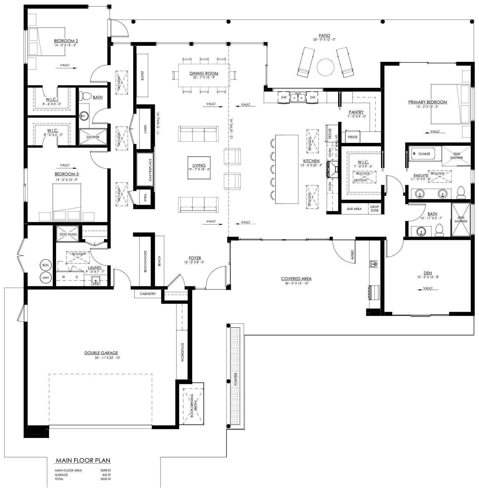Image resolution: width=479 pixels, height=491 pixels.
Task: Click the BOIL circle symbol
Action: (45, 265)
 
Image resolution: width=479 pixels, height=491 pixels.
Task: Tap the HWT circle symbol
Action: (45, 278)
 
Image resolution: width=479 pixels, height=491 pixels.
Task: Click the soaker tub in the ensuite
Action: (425, 154)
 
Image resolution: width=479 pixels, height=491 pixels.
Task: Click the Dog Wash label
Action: (68, 234)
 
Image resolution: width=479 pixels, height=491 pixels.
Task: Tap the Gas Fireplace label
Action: (150, 170)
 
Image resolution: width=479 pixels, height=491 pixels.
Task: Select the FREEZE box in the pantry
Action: (352, 137)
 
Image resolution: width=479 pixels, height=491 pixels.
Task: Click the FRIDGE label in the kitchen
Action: (330, 133)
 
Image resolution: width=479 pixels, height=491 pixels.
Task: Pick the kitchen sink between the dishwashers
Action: (298, 97)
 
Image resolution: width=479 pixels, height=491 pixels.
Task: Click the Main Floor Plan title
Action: (83, 461)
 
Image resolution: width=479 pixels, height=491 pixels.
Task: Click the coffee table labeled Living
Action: (199, 167)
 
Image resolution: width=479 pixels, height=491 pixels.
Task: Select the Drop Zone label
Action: (374, 209)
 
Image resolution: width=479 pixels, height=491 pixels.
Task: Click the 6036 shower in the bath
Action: (461, 219)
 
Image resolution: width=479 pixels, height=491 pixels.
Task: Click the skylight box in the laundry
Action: (78, 257)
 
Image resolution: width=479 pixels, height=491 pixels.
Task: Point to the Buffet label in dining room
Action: (143, 75)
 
